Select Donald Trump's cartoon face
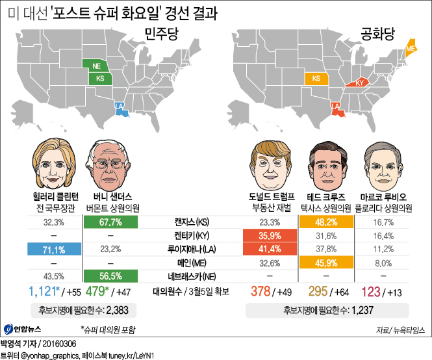(272, 165)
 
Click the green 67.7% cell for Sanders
(110, 222)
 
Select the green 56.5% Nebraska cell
(110, 274)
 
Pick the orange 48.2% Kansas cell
(325, 222)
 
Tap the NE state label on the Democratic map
(95, 66)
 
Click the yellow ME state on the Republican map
(411, 47)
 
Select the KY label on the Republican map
(359, 83)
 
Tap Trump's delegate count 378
(261, 290)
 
